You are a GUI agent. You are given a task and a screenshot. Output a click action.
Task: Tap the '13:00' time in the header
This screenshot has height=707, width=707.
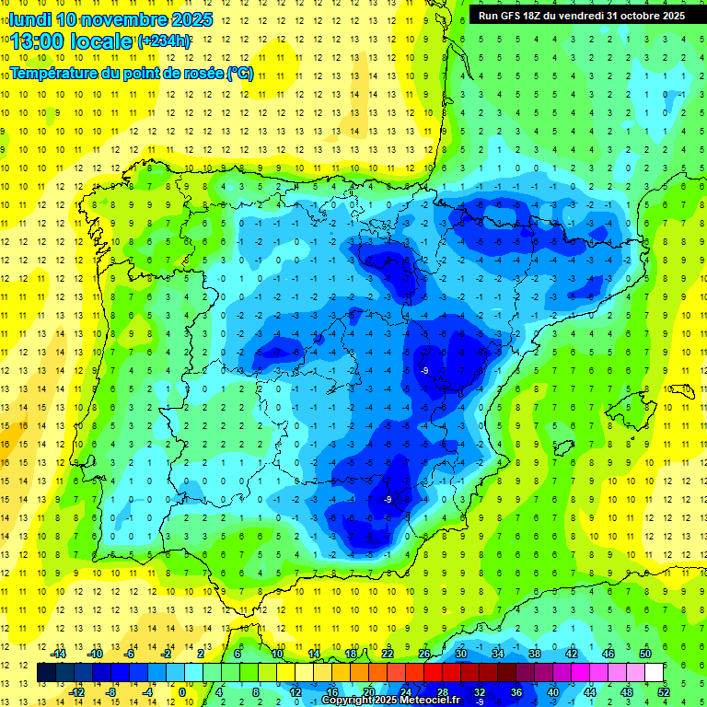(x=39, y=41)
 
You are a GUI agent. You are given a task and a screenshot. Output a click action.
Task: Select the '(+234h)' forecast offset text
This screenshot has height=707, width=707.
(x=164, y=41)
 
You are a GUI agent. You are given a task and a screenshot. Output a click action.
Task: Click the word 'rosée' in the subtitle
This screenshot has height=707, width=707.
(x=200, y=73)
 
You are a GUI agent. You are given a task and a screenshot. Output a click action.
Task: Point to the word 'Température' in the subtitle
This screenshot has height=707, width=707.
(x=58, y=73)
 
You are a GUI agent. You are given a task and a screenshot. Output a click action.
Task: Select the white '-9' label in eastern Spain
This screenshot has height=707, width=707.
(x=423, y=370)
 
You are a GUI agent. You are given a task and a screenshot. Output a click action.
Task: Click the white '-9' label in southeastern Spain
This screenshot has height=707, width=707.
(x=388, y=499)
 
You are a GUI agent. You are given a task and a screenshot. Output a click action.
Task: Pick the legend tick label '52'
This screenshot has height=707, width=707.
(x=664, y=692)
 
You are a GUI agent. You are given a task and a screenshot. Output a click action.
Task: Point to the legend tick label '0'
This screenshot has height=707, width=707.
(x=182, y=692)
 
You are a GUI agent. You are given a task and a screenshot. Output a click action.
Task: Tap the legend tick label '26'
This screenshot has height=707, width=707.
(x=424, y=654)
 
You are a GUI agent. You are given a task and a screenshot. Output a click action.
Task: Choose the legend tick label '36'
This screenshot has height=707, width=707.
(x=516, y=692)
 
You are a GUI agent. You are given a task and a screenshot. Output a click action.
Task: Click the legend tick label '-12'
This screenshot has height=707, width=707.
(x=76, y=692)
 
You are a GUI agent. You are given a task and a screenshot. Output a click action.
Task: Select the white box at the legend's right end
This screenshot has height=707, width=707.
(x=655, y=673)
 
